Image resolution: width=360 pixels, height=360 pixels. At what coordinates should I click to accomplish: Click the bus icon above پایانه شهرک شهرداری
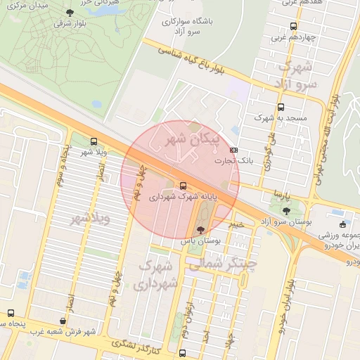click(184, 186)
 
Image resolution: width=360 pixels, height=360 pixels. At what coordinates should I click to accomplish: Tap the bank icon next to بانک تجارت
click(234, 150)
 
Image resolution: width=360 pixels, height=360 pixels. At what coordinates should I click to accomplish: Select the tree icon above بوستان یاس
click(201, 229)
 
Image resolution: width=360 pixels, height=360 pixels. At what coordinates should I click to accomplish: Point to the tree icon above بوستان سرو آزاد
click(285, 210)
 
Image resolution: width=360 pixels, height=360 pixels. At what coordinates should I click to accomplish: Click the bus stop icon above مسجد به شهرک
click(281, 108)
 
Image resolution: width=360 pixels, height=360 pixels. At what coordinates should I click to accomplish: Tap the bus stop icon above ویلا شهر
click(94, 141)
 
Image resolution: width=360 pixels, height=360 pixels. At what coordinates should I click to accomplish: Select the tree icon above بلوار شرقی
click(69, 13)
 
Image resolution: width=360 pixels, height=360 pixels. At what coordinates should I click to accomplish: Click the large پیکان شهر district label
click(191, 140)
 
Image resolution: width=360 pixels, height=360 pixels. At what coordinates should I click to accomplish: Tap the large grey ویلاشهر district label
click(91, 219)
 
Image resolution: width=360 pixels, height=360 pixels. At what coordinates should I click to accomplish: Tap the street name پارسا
click(282, 192)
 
